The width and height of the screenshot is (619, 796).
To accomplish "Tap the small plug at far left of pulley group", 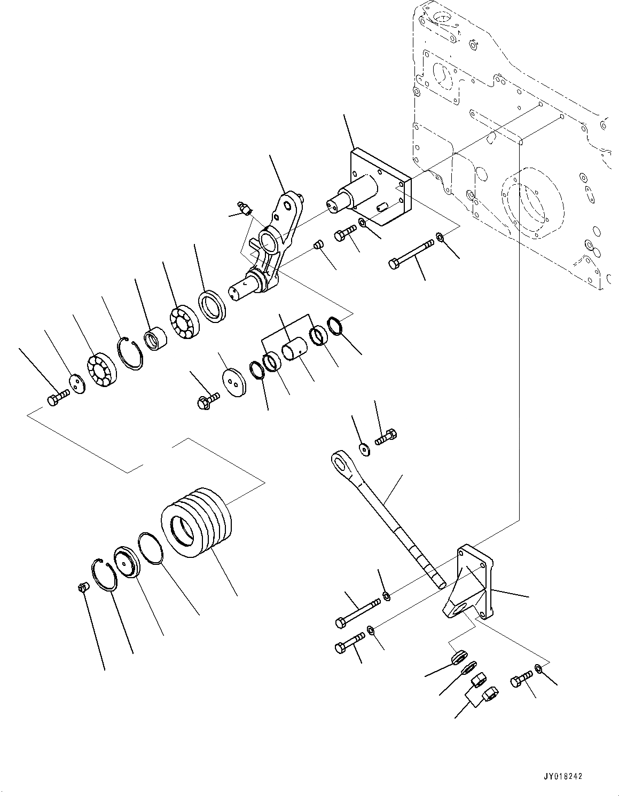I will click(82, 588).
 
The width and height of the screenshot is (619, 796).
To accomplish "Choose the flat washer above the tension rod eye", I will click(365, 450).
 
